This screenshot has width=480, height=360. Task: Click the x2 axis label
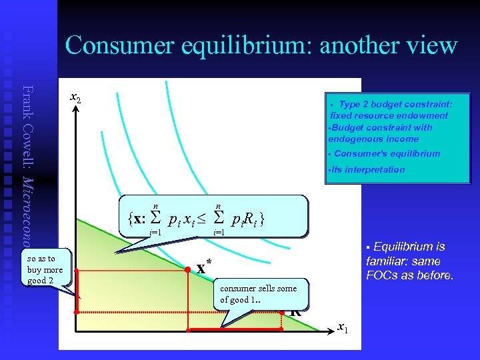pyautogui.click(x=76, y=98)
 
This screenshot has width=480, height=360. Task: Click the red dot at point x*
pyautogui.click(x=187, y=271)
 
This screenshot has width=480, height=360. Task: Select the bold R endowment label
pyautogui.click(x=295, y=310)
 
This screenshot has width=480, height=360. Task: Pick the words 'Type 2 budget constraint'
pyautogui.click(x=395, y=104)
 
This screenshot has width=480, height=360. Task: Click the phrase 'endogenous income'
pyautogui.click(x=373, y=139)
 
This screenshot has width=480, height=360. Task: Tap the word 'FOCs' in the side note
pyautogui.click(x=382, y=275)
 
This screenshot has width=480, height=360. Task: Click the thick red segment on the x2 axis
pyautogui.click(x=77, y=291)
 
